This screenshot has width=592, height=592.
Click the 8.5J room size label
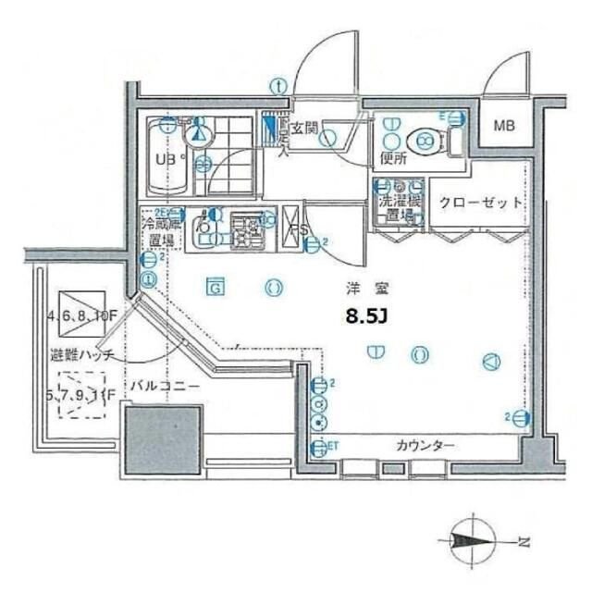[x=365, y=317]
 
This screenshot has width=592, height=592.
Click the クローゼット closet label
[x=480, y=203]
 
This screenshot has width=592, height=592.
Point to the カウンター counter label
[x=425, y=447]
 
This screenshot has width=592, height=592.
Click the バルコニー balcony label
[x=164, y=387]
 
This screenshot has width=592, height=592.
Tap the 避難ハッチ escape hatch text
[x=83, y=355]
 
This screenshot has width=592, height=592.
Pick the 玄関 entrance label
[x=305, y=129]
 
